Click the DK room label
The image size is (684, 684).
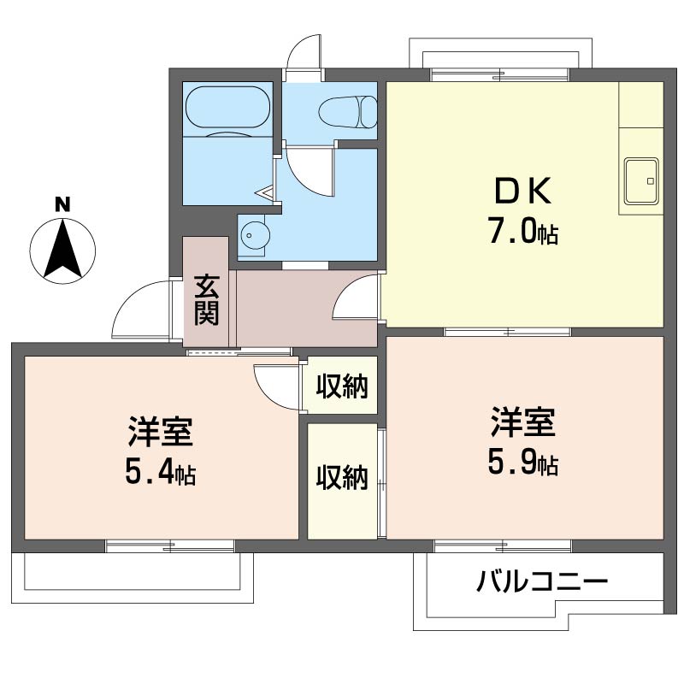click(x=522, y=191)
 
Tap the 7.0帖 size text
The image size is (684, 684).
click(x=523, y=231)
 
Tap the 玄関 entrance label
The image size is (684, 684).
click(x=206, y=300)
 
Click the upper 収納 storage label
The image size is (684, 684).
click(x=342, y=386)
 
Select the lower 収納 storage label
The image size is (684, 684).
click(x=342, y=477)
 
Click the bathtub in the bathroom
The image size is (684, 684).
click(x=227, y=108)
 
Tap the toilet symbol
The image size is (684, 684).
click(x=348, y=112)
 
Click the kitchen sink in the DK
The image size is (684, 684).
click(x=640, y=181)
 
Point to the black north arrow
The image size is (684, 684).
click(x=62, y=249)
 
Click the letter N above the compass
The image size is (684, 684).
click(x=62, y=204)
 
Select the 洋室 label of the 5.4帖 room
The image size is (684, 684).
click(x=161, y=432)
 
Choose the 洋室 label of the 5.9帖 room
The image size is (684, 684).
click(x=523, y=422)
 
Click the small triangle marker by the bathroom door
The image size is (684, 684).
click(x=265, y=192)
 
